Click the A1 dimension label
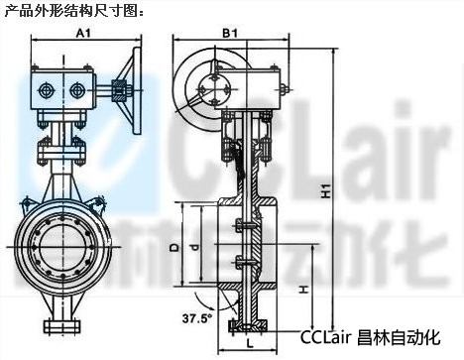point(83,33)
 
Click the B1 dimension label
point(230,33)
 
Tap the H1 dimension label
point(326,191)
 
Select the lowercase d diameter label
point(195,247)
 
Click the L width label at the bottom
point(250,343)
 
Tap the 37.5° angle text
point(198,318)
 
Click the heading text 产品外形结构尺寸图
point(70,12)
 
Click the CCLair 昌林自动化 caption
point(370,337)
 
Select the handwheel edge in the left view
point(137,90)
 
